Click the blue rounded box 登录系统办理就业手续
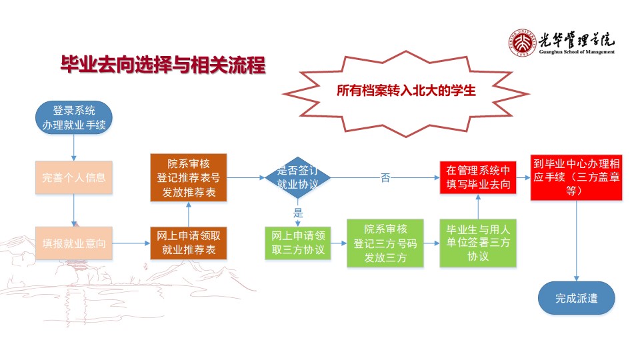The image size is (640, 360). click(x=73, y=117)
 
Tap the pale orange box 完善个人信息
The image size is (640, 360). click(x=73, y=177)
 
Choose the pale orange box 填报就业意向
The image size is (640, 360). click(x=73, y=243)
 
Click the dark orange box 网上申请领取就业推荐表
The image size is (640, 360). click(x=188, y=243)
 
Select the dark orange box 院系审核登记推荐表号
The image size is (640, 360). click(x=188, y=177)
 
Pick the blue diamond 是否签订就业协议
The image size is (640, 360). click(x=297, y=177)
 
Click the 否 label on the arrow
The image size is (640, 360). click(x=385, y=178)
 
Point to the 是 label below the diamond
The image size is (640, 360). click(x=298, y=213)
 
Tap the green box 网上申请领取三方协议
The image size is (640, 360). click(x=297, y=243)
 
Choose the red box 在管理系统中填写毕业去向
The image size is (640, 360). click(x=477, y=177)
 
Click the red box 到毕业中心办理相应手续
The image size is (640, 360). click(x=575, y=177)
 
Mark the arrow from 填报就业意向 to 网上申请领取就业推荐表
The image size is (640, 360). click(x=131, y=243)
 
